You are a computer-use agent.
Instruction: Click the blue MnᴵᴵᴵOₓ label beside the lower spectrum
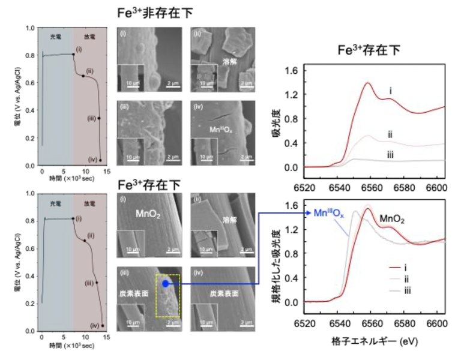(x=330, y=213)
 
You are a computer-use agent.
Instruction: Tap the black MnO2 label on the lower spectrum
(x=393, y=220)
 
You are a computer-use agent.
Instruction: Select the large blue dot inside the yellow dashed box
(x=164, y=283)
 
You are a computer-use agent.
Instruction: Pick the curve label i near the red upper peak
(x=390, y=91)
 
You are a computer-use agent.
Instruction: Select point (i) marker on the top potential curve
(x=73, y=54)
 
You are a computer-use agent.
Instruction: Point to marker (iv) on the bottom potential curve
(x=103, y=326)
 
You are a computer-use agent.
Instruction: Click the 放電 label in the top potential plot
(x=88, y=37)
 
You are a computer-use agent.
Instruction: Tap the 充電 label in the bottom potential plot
(x=55, y=202)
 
